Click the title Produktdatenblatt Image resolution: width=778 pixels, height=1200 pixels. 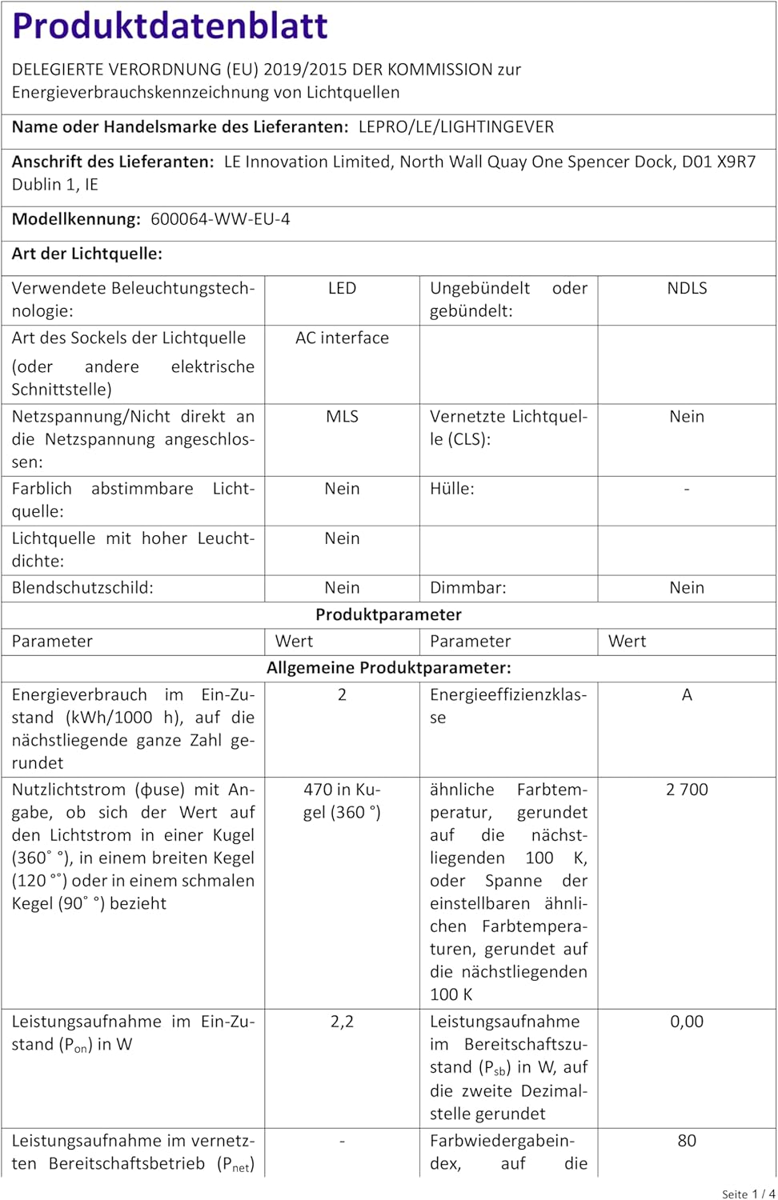(x=170, y=26)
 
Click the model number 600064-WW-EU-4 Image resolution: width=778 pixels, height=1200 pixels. (x=220, y=219)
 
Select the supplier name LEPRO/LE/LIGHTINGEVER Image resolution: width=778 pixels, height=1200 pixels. (x=455, y=127)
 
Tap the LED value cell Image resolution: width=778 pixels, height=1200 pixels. (x=342, y=289)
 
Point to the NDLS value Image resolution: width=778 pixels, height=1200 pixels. (x=687, y=289)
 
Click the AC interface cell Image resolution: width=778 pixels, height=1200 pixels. (x=342, y=338)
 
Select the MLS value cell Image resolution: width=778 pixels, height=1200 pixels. (x=342, y=417)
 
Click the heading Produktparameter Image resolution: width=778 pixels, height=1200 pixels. (x=388, y=614)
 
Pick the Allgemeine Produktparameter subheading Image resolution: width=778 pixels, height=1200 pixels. (x=388, y=668)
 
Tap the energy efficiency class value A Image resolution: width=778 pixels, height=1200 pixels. (x=687, y=695)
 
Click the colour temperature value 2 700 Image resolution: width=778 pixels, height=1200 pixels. (x=687, y=790)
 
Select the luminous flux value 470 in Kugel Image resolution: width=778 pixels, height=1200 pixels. (x=342, y=801)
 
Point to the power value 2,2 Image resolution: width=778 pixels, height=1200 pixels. (x=342, y=1022)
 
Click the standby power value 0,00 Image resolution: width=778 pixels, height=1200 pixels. (x=687, y=1022)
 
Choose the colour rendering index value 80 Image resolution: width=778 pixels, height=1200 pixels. (x=687, y=1141)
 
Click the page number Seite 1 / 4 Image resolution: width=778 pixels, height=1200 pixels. (x=748, y=1194)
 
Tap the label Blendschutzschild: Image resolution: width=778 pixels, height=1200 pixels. (x=82, y=588)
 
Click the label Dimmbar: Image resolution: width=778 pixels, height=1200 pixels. (x=467, y=588)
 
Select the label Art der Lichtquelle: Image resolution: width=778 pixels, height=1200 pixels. (x=87, y=254)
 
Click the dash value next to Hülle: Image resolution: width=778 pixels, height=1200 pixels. (x=687, y=489)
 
